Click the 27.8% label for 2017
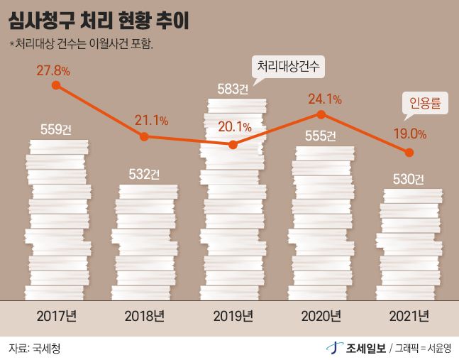pyautogui.click(x=54, y=70)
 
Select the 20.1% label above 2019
pyautogui.click(x=235, y=127)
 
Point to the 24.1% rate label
pyautogui.click(x=324, y=99)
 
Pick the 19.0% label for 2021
pyautogui.click(x=409, y=133)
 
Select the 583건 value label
pyautogui.click(x=233, y=89)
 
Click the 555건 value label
pyautogui.click(x=323, y=136)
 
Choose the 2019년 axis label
pyautogui.click(x=233, y=315)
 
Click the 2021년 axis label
pyautogui.click(x=410, y=315)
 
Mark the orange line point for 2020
pyautogui.click(x=321, y=114)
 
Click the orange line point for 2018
pyautogui.click(x=145, y=136)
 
